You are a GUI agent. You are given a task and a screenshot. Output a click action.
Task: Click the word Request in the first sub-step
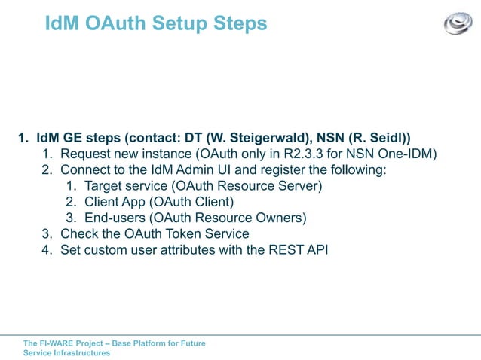pyautogui.click(x=87, y=154)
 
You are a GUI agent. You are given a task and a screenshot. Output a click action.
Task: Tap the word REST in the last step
pyautogui.click(x=285, y=250)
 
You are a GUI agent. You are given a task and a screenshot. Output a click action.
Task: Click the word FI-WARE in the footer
pyautogui.click(x=56, y=343)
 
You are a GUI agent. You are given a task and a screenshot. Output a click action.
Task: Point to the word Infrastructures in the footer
pyautogui.click(x=81, y=353)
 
